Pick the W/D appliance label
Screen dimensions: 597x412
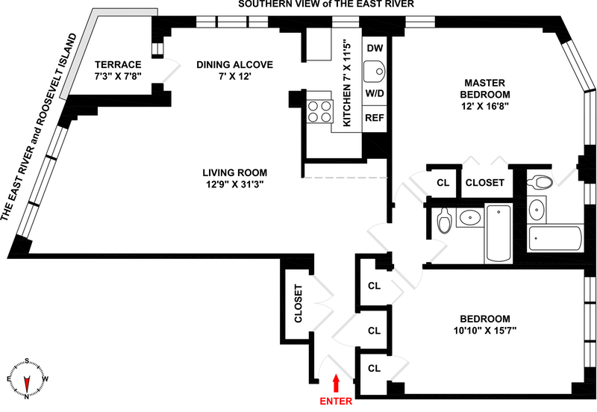point(375,95)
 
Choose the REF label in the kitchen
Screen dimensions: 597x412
point(375,118)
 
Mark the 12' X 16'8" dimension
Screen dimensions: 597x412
point(486,107)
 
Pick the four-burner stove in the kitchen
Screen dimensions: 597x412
point(320,111)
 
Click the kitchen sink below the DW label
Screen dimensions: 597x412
point(373,72)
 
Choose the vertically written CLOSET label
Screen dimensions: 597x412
point(298,304)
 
